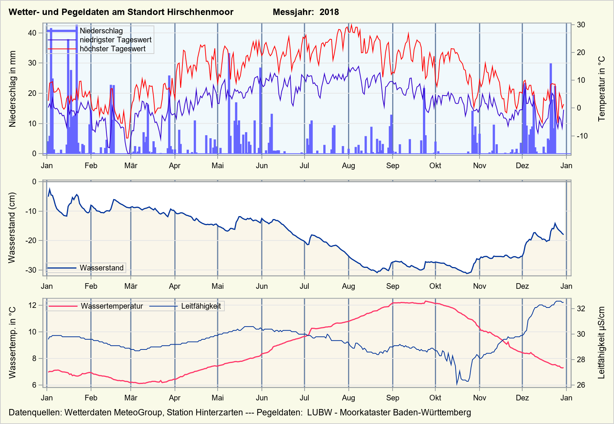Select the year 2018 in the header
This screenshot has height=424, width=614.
(329, 12)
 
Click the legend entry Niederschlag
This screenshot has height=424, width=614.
(101, 31)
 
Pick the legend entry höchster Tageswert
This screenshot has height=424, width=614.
(112, 49)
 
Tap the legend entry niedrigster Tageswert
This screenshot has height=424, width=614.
(115, 40)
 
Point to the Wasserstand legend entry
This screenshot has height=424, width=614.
(102, 268)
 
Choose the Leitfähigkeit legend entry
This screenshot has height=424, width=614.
(201, 306)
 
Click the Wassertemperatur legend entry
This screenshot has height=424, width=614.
(112, 306)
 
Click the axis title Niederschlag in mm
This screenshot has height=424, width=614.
(13, 89)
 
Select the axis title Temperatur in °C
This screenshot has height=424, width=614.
(602, 89)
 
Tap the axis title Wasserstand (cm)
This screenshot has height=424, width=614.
(12, 228)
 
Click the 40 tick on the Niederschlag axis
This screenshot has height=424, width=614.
(32, 33)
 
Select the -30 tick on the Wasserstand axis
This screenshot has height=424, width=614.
(31, 270)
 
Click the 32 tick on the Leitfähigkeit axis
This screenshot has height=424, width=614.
(581, 309)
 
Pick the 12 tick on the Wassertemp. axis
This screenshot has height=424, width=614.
(33, 305)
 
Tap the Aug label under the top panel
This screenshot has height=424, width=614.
(348, 166)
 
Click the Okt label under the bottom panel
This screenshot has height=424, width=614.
(435, 398)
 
